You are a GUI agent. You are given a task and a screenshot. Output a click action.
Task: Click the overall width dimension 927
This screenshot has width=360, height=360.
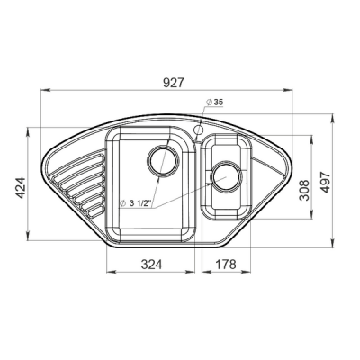click(x=173, y=83)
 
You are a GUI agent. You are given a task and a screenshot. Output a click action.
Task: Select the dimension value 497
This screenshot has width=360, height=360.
click(x=325, y=183)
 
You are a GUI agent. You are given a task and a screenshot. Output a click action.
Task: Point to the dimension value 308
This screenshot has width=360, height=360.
click(x=304, y=190)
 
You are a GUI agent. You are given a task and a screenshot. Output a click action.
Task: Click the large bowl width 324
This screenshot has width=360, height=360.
click(x=151, y=265)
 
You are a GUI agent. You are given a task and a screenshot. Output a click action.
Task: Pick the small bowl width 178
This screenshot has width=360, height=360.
click(x=226, y=265)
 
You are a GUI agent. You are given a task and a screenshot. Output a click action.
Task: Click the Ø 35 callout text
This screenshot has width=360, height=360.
click(x=214, y=102)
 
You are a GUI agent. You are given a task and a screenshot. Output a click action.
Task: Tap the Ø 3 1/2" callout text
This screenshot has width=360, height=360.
click(x=135, y=203)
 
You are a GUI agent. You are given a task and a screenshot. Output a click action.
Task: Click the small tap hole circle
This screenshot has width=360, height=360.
click(x=198, y=130)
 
